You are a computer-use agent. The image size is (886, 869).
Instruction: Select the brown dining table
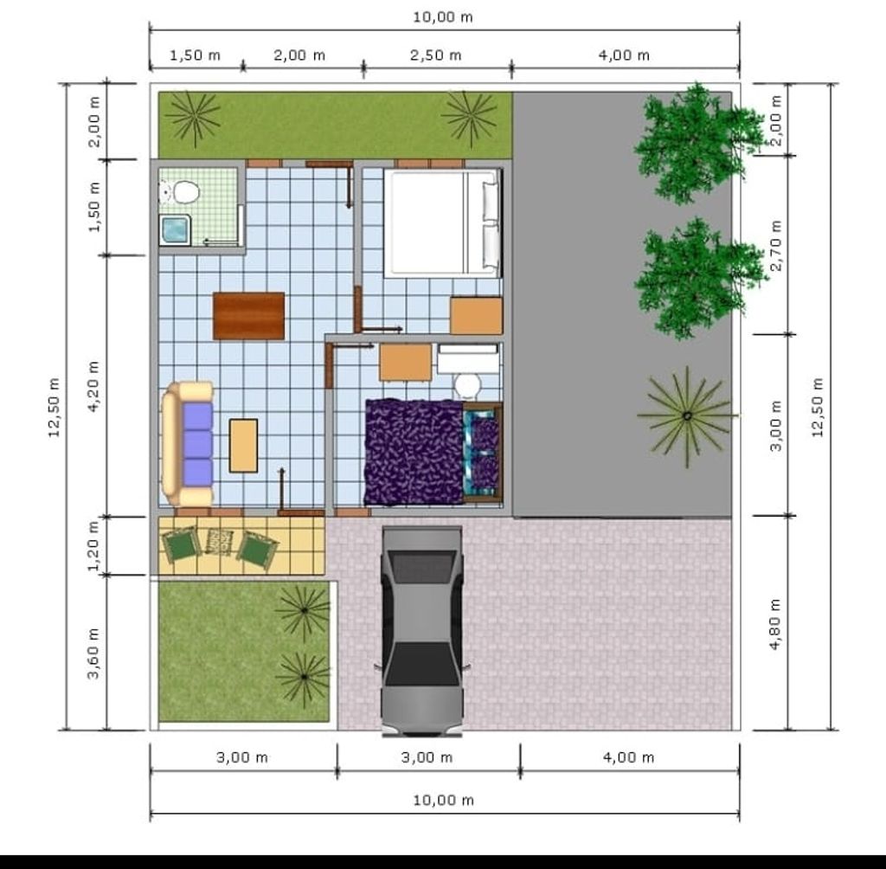point(249,316)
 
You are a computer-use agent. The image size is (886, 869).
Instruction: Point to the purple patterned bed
point(415,451)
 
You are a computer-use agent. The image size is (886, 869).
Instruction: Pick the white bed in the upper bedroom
point(442,223)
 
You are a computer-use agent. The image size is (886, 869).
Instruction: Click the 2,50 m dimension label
point(436,55)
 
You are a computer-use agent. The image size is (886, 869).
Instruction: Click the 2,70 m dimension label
point(776,246)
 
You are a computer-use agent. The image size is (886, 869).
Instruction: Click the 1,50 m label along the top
point(195,55)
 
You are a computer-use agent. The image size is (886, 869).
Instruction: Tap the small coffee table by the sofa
point(243,446)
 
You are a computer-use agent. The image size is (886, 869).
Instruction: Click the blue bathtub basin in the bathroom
point(177,230)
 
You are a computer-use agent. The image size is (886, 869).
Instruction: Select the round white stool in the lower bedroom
point(467,384)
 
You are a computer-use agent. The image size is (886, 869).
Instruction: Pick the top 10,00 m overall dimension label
point(442,17)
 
